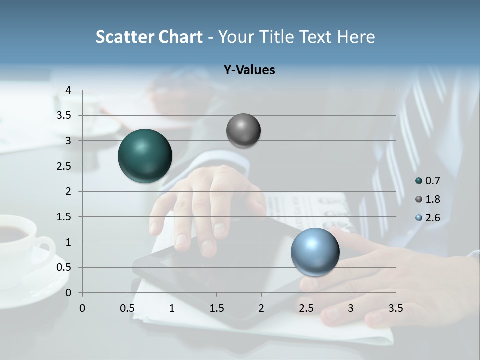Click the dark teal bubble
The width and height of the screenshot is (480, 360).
coord(145,156)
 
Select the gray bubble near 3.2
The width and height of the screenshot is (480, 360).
coord(243,131)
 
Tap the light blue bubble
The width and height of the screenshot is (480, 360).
coord(315,252)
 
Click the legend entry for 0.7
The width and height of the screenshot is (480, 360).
coord(428,181)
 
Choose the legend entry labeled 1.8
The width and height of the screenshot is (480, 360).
coord(428,199)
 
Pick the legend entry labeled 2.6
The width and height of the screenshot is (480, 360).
coord(428,217)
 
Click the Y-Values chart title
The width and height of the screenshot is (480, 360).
coord(249,70)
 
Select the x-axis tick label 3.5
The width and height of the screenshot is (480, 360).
coord(395,308)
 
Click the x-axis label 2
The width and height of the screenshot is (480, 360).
coord(261,308)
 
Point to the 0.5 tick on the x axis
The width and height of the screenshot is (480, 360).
coord(127,308)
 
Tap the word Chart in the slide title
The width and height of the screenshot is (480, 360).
coord(180,37)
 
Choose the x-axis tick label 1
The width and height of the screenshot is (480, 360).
coord(172,308)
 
